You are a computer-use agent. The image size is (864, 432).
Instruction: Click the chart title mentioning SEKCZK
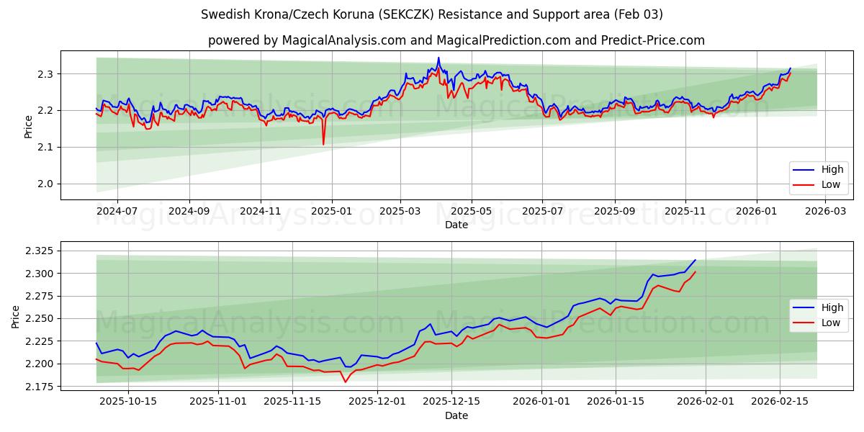coord(432,14)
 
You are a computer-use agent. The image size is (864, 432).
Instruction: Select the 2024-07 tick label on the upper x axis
coord(117,212)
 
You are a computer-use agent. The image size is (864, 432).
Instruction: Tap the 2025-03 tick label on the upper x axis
coord(400,212)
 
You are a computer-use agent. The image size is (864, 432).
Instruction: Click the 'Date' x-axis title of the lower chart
coord(456,415)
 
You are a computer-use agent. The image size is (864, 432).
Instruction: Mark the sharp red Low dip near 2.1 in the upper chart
coord(323,144)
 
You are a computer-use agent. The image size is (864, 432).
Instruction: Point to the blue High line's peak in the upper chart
coord(438,58)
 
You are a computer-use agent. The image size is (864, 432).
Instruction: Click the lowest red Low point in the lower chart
coord(346,382)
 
